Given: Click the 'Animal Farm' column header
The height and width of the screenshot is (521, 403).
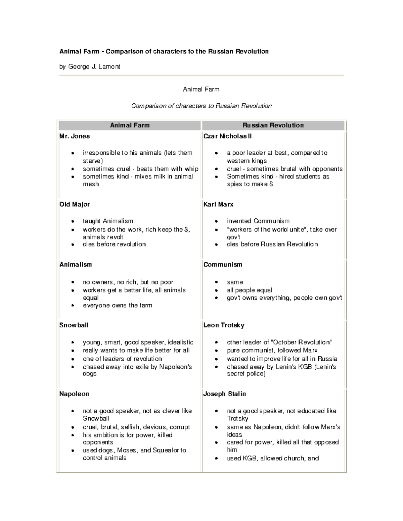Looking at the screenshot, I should [130, 125].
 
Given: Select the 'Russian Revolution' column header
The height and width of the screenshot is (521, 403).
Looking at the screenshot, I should [273, 125].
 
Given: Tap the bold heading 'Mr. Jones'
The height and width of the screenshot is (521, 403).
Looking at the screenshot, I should [75, 136].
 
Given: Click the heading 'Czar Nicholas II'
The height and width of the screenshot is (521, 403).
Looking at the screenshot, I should [227, 136].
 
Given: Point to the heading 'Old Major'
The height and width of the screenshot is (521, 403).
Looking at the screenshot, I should [75, 204].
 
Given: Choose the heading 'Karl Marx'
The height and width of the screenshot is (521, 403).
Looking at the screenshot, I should [218, 204].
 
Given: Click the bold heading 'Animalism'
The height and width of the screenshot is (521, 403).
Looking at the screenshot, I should [76, 264].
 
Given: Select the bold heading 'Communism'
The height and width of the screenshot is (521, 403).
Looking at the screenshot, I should [223, 264].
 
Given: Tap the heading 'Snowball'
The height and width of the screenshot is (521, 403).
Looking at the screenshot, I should [74, 325].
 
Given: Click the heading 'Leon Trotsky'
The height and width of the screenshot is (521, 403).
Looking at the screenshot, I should [224, 325].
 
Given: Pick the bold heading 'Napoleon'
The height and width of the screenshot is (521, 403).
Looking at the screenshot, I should [74, 394].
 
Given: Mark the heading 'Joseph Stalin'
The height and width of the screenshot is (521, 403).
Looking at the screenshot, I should [224, 394].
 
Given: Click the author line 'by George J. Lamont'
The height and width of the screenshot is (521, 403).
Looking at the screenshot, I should [90, 66].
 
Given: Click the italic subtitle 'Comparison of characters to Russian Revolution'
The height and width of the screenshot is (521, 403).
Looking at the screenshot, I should [201, 106].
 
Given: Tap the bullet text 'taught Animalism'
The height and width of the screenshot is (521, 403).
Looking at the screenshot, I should [108, 221].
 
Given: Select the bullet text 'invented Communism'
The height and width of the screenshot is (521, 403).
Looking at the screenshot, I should [258, 221].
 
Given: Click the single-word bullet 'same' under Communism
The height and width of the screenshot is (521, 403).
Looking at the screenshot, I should [235, 282].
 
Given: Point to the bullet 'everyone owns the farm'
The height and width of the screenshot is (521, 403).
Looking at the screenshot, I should [117, 305].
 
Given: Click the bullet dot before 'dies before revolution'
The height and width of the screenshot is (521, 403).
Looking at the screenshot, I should [73, 245].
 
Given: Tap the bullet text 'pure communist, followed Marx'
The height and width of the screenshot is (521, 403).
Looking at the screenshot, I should [272, 350].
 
